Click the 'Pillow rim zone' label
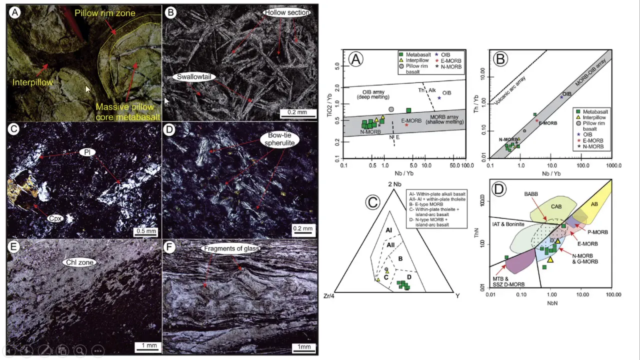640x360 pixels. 105,13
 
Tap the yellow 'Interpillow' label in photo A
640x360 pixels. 33,82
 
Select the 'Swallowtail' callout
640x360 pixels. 194,77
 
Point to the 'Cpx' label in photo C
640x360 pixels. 55,218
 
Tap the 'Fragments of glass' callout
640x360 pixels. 231,248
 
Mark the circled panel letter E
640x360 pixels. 15,246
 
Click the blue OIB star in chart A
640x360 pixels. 439,98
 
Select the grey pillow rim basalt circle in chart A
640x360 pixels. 391,109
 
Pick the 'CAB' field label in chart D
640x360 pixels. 556,206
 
